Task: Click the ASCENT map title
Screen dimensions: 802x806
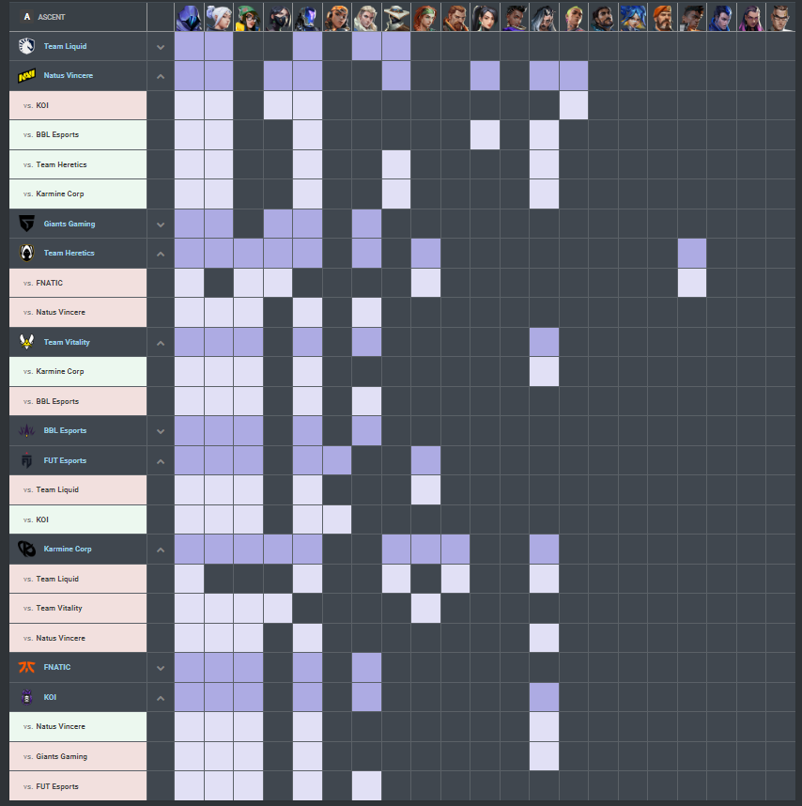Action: pos(52,17)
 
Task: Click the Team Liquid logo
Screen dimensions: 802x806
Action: pos(26,46)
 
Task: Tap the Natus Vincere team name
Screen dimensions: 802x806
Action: pos(69,75)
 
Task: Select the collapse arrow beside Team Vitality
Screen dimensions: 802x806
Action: pos(161,343)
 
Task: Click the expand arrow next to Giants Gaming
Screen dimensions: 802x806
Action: pos(161,225)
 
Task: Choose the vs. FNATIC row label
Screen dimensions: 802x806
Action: pos(50,283)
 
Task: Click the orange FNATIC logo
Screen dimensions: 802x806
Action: pos(26,667)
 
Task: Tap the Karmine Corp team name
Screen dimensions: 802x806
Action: pos(68,549)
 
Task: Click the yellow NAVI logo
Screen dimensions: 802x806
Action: pos(26,75)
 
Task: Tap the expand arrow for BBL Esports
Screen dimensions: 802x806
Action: pos(161,431)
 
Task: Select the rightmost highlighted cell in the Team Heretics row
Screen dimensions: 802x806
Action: pos(691,253)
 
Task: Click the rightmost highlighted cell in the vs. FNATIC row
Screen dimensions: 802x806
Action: pos(691,283)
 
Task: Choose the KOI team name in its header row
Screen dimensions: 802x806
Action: pos(50,697)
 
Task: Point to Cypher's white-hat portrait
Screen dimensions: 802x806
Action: pos(395,17)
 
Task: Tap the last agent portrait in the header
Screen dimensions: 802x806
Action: pos(780,17)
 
